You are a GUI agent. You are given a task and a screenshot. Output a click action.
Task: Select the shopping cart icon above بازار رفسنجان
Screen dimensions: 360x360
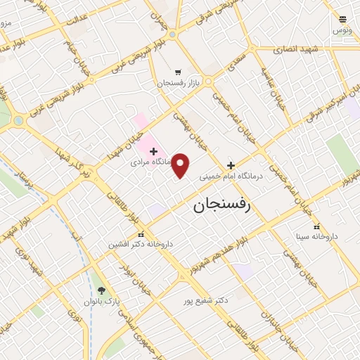pyautogui.click(x=178, y=72)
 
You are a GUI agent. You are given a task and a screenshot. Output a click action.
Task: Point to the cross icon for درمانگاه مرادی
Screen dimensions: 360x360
pyautogui.click(x=153, y=150)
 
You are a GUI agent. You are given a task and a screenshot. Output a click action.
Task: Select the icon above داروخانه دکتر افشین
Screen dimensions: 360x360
pyautogui.click(x=141, y=234)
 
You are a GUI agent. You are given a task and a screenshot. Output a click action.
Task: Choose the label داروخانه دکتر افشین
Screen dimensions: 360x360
pyautogui.click(x=140, y=244)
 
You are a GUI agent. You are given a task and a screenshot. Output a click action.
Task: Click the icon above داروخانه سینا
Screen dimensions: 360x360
pyautogui.click(x=316, y=226)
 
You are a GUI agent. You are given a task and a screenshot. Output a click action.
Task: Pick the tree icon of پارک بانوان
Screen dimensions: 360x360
pyautogui.click(x=102, y=290)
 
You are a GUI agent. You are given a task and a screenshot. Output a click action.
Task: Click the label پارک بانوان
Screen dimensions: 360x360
pyautogui.click(x=103, y=301)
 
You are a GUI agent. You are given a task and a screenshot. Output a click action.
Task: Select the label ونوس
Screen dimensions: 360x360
pyautogui.click(x=342, y=30)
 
